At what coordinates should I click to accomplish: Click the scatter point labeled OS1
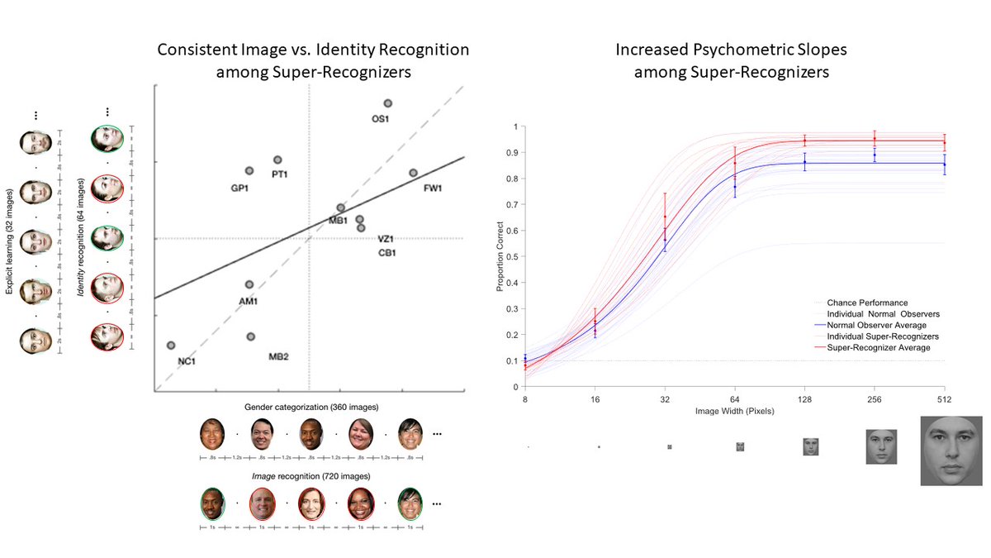point(387,103)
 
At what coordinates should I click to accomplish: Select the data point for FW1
point(413,173)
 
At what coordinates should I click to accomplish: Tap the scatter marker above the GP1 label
point(249,170)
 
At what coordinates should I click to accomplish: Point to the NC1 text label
point(187,361)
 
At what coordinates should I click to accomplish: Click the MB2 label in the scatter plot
point(278,356)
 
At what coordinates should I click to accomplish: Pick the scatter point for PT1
point(277,160)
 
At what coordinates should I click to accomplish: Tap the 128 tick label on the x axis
point(804,399)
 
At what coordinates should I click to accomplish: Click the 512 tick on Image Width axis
point(944,399)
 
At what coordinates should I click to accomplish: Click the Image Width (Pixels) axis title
point(734,410)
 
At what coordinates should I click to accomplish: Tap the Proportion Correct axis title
point(500,257)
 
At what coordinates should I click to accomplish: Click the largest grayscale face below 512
point(951,451)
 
